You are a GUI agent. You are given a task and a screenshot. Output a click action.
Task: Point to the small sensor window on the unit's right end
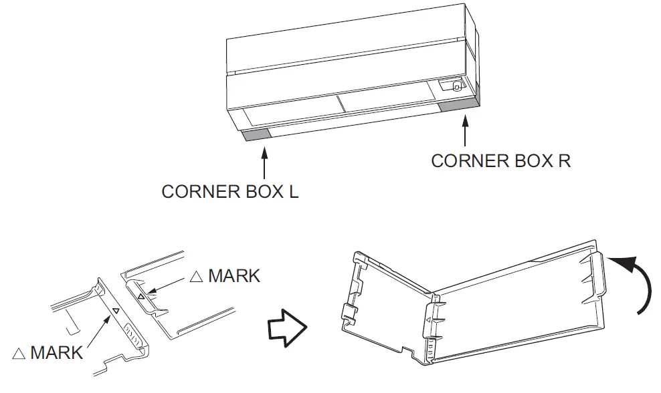[452, 86]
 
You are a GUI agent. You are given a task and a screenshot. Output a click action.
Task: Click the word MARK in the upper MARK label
[234, 276]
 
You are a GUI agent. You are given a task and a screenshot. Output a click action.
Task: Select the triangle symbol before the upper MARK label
[197, 277]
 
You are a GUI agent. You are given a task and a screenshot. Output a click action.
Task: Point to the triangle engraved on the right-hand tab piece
[140, 295]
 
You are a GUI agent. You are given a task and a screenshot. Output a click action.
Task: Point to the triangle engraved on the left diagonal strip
[116, 311]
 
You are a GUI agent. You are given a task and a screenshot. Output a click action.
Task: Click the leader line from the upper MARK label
[171, 285]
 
